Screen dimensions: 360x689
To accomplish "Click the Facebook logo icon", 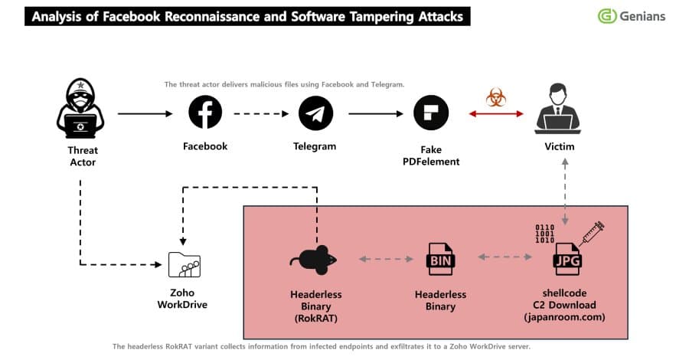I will click(205, 113).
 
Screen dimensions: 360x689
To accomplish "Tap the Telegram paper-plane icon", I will click(315, 113).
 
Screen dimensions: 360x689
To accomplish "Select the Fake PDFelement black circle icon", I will click(430, 113).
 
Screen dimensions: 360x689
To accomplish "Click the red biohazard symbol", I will click(495, 98).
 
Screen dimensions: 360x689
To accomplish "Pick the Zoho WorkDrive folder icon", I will click(184, 264).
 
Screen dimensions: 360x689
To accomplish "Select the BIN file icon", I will click(440, 260).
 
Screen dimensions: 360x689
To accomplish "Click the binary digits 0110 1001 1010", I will click(544, 234).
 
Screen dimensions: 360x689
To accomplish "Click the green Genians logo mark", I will click(608, 16).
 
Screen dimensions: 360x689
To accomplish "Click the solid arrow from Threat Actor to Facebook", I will click(145, 114).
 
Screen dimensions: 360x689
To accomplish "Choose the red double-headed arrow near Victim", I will click(496, 114).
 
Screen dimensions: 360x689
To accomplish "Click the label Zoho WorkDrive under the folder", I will click(182, 299).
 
